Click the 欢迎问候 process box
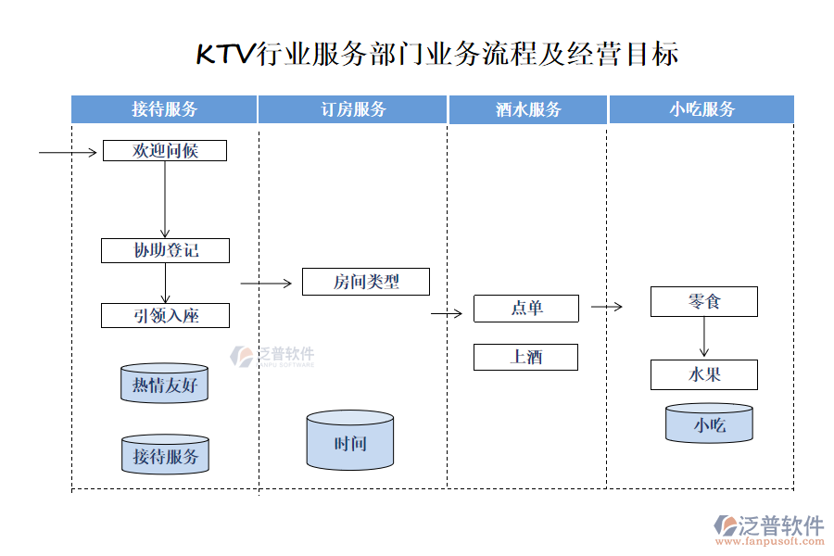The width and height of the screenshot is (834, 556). pos(164,150)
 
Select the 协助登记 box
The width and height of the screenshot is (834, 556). pos(165,250)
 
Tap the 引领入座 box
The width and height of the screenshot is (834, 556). pos(165,315)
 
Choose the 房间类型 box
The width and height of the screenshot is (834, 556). pos(365,282)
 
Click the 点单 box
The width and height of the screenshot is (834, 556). pos(525,309)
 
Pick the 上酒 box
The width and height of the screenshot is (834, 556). pos(525,357)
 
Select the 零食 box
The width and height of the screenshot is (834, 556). pos(703,301)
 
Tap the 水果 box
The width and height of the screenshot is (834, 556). pos(703,374)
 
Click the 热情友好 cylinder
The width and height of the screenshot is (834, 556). pos(164,384)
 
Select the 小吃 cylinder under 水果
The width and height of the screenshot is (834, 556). pos(709,423)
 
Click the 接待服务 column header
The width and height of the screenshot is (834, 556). pos(164,109)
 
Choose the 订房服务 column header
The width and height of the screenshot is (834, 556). pos(353,109)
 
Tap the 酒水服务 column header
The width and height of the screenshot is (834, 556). pos(528,109)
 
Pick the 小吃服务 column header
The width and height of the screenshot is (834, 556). pos(701,109)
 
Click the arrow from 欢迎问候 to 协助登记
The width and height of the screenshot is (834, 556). pos(165,199)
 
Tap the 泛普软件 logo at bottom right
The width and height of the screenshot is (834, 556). pos(768,528)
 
